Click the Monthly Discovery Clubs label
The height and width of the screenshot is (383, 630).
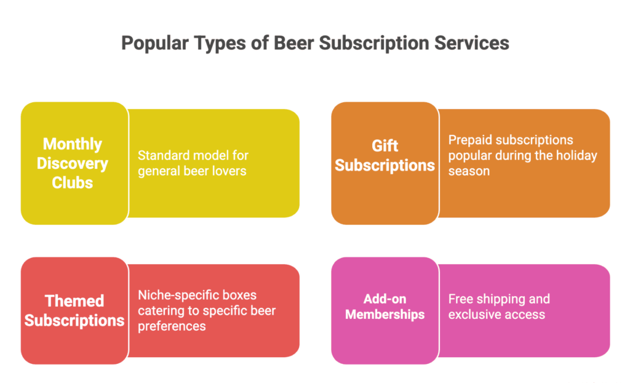coord(72,163)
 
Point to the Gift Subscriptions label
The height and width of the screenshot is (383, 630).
coord(385,155)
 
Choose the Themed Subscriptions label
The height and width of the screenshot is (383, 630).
coord(74,310)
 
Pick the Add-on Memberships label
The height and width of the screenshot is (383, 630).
coord(385,306)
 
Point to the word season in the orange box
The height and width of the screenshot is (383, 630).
coord(469,171)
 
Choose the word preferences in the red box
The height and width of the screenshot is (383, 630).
coord(172,326)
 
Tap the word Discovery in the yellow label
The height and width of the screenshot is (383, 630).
coord(72,163)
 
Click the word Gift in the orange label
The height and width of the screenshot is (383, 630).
coord(385,145)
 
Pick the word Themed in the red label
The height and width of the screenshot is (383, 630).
coord(74,300)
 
